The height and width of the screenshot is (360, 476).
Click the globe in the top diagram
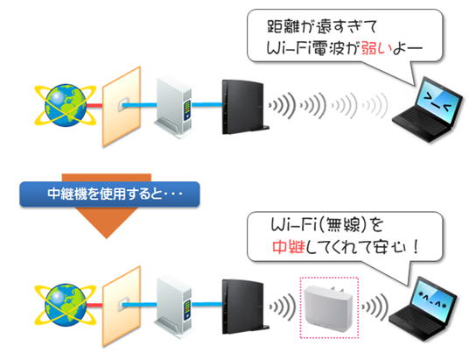(66, 105)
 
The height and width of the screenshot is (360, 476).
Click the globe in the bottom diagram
(66, 305)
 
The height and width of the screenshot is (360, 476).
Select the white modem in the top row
(173, 108)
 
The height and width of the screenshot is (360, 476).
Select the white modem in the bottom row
(173, 307)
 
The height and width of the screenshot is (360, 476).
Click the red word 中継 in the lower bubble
(289, 247)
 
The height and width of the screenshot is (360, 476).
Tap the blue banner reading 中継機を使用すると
(109, 194)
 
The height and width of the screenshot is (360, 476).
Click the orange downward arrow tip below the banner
(106, 238)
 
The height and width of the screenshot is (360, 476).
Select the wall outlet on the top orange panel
(123, 105)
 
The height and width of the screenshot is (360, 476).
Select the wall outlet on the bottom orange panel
(123, 305)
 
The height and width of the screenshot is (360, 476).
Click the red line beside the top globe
(94, 105)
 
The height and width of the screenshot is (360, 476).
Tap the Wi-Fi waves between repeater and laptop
(374, 307)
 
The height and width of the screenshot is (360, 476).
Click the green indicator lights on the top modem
(187, 107)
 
